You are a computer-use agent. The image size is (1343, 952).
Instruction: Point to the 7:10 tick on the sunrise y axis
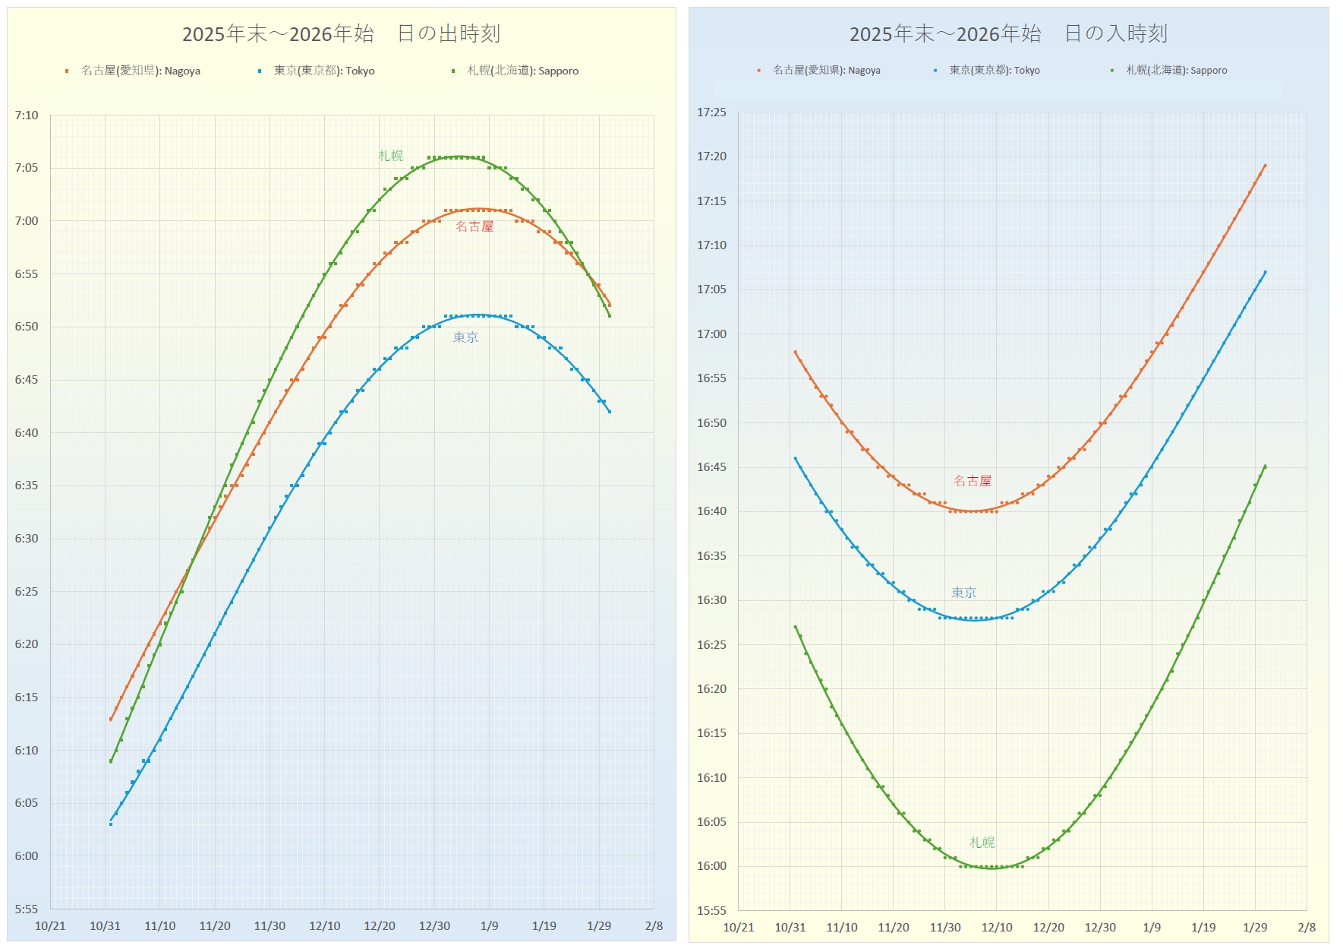(x=27, y=115)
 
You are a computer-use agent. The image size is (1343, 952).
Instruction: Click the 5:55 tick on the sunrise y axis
(x=27, y=909)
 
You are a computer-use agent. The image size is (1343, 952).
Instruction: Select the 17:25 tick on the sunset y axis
(x=711, y=112)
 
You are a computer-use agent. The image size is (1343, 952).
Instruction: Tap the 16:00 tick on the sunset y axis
(x=711, y=866)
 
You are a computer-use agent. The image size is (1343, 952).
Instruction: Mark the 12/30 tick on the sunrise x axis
(x=434, y=926)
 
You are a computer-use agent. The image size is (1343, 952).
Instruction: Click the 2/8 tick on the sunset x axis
(x=1307, y=928)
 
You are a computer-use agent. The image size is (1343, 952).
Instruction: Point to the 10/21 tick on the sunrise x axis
(x=50, y=926)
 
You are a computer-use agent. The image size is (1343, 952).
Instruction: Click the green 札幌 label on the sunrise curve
(x=391, y=156)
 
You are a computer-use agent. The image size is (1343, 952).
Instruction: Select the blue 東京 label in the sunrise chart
(x=465, y=337)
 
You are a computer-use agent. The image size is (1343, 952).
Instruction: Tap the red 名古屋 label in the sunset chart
(x=973, y=481)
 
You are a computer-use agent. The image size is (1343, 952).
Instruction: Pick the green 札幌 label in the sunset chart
(x=982, y=843)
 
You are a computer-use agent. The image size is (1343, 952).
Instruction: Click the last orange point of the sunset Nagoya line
(x=1265, y=166)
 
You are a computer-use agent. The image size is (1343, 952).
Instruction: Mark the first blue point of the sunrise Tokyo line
(x=111, y=824)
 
